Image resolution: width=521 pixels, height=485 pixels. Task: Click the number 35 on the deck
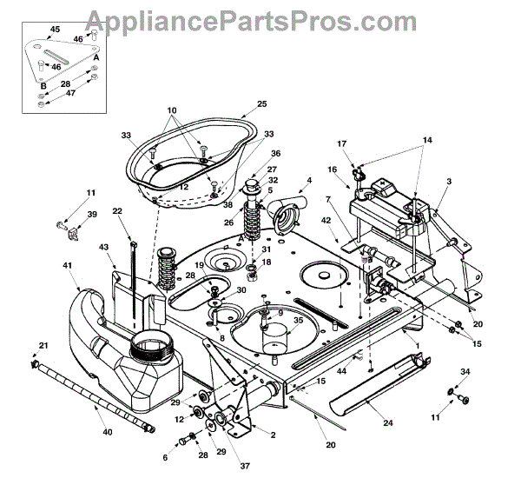299,320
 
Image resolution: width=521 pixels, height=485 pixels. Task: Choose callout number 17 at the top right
341,143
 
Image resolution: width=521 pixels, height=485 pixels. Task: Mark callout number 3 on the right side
449,180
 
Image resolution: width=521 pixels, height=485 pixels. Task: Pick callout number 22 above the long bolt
116,210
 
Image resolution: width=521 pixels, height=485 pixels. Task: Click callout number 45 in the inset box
55,30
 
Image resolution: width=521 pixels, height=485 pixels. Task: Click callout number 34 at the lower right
465,372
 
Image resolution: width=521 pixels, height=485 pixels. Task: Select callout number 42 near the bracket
350,221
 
